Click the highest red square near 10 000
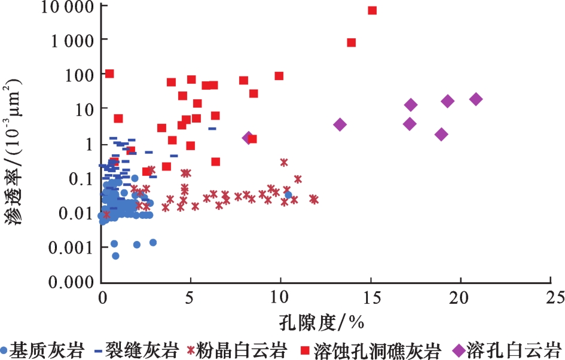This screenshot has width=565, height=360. pyautogui.click(x=372, y=10)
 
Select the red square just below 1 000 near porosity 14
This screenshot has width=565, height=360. pyautogui.click(x=352, y=42)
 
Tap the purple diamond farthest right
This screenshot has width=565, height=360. pyautogui.click(x=476, y=99)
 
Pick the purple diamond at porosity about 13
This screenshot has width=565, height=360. pyautogui.click(x=340, y=124)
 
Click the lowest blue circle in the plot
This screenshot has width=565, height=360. pyautogui.click(x=115, y=256)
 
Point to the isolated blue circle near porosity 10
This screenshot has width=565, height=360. pyautogui.click(x=288, y=195)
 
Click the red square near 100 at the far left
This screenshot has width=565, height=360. pyautogui.click(x=109, y=74)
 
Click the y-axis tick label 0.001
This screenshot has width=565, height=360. pyautogui.click(x=71, y=247)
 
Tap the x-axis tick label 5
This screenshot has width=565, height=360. pyautogui.click(x=191, y=297)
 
